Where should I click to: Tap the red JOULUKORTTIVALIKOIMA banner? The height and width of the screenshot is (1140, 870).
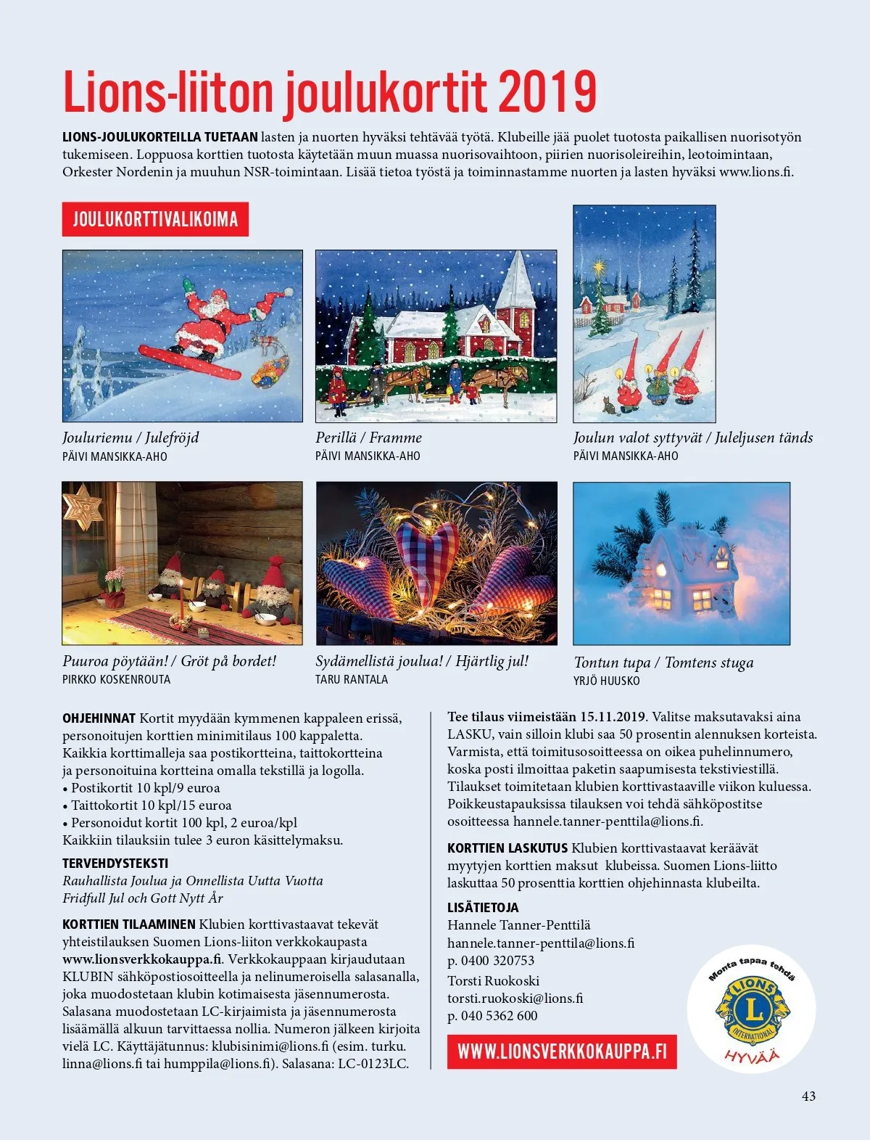click(x=155, y=219)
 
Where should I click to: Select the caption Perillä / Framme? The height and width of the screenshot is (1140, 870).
click(x=368, y=438)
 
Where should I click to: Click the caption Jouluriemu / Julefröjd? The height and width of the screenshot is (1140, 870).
click(x=130, y=438)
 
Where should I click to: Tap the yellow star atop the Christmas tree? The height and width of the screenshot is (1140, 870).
click(x=599, y=268)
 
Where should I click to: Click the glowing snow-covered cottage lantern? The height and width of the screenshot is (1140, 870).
click(x=685, y=573)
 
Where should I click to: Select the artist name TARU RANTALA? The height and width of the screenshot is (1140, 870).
click(x=352, y=680)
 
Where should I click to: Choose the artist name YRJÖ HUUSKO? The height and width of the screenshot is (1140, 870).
click(x=606, y=681)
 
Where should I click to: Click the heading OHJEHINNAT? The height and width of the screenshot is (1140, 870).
click(x=99, y=718)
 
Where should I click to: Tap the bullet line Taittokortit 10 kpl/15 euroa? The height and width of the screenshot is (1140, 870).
click(x=151, y=805)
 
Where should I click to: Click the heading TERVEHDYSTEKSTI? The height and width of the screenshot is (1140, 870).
click(x=115, y=864)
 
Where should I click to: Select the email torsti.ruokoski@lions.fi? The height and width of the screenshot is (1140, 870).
click(x=515, y=998)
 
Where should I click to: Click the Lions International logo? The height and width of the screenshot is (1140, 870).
click(x=752, y=1008)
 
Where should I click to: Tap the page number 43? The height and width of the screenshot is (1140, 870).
click(x=808, y=1096)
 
